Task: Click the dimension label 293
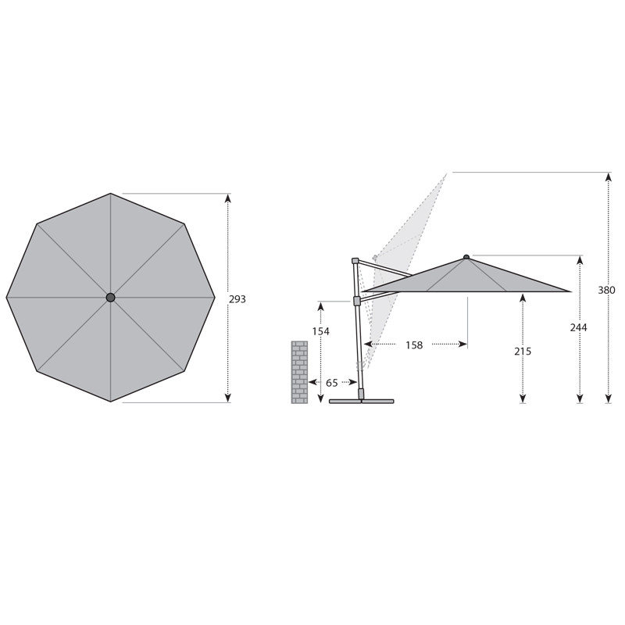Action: click(x=237, y=299)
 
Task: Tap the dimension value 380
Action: click(x=606, y=290)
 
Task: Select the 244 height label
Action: click(x=578, y=327)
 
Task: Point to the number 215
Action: click(x=523, y=352)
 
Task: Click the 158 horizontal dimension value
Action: click(x=414, y=345)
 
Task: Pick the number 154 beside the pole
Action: click(x=321, y=331)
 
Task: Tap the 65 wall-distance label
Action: click(x=331, y=383)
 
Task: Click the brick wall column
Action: click(x=299, y=373)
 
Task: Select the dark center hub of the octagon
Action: click(x=110, y=298)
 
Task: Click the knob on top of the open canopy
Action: click(x=466, y=257)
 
